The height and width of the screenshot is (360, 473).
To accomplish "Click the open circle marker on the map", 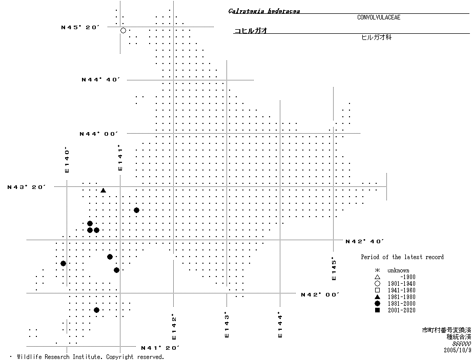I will pos(123,31).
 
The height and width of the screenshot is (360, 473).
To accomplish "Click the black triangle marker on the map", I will pos(103,190).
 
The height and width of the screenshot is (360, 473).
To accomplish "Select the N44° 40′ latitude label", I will pos(100,79).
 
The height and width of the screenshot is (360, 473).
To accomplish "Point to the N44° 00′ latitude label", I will pos(98,134).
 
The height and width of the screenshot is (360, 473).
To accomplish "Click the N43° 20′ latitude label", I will pos(27,187).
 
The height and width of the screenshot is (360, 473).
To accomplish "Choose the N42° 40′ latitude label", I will pos(365,241).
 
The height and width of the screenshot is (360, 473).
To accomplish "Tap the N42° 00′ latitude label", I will pos(320,294).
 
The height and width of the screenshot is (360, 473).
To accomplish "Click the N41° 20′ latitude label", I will pos(160,348).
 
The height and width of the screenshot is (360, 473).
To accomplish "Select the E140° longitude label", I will pos(67,160).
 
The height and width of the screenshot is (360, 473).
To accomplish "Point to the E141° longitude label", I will pos(120,158).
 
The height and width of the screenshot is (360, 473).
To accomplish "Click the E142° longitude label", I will pos(174,327).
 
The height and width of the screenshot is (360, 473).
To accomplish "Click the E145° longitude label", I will pos(334,268).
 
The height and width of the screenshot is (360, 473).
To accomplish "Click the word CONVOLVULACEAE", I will pos(379,17).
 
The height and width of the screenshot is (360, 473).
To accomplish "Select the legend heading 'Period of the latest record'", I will pos(402,257).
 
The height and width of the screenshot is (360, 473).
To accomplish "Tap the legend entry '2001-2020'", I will pos(401,310).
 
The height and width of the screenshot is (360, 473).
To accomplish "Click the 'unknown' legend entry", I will pos(398,270).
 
